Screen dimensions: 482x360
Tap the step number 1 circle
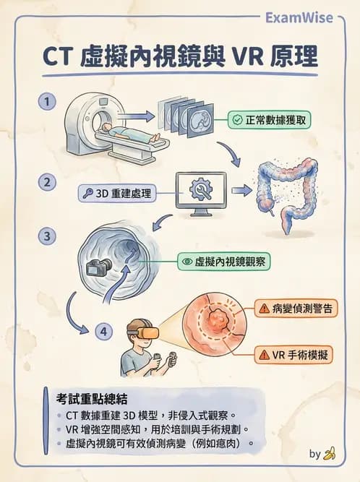[x=48, y=103]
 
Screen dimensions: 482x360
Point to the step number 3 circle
[x=48, y=236]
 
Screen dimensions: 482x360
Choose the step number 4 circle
[x=106, y=332]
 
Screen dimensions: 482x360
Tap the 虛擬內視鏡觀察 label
[x=224, y=262]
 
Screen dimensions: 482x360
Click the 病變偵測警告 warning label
[x=294, y=309]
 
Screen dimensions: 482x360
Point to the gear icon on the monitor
[x=200, y=190]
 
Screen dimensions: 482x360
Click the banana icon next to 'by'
[x=330, y=455]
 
